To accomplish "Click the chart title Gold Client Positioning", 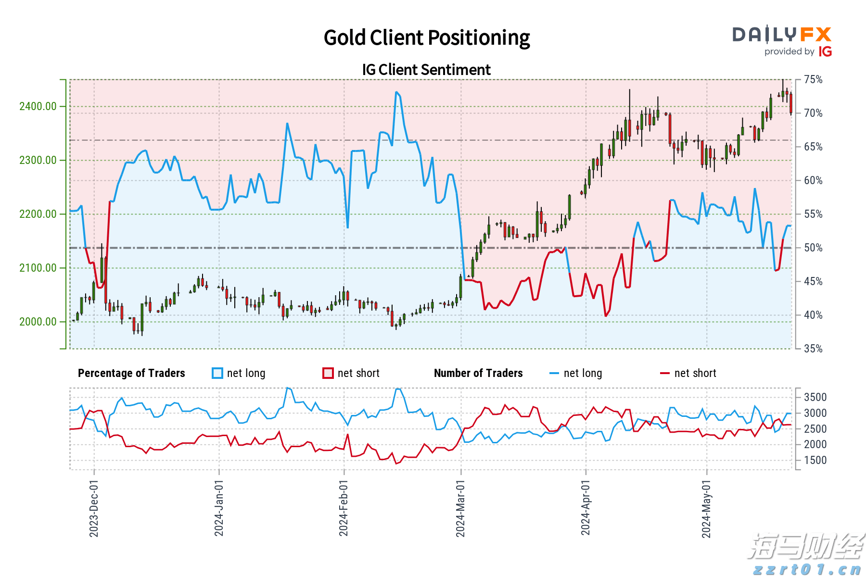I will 426,38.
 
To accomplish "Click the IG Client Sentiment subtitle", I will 426,70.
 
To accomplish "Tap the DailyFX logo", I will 782,35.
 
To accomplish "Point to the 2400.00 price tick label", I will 38,106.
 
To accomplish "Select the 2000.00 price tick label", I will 38,322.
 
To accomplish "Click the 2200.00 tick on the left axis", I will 38,214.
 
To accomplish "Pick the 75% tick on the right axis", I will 814,79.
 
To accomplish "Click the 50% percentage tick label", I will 814,248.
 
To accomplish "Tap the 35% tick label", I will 814,349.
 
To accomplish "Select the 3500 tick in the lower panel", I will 815,397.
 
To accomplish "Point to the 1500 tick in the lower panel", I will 815,460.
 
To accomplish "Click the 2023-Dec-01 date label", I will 94,508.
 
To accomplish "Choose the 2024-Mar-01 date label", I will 460,508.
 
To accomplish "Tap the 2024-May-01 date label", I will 706,508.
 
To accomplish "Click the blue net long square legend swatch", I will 217,373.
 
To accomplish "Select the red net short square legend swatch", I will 328,373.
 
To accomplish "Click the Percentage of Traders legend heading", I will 131,373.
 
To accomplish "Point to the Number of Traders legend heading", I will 478,373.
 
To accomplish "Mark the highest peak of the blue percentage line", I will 396,92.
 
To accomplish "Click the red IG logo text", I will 826,51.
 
